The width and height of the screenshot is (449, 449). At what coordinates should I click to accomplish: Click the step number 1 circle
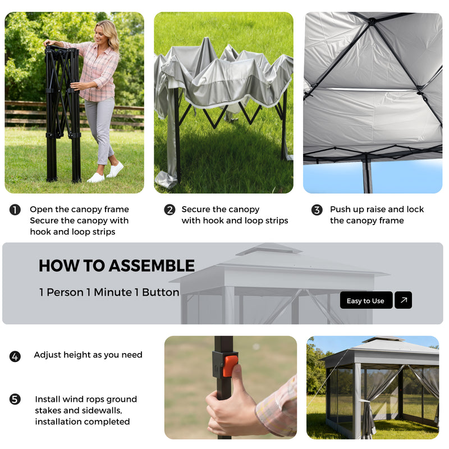click(15, 210)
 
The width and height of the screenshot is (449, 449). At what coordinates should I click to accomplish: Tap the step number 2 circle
click(169, 210)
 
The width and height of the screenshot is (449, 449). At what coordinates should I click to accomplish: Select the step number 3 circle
click(317, 210)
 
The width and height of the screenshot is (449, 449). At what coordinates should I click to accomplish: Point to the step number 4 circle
click(15, 356)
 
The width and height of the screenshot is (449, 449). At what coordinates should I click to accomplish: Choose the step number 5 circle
click(15, 400)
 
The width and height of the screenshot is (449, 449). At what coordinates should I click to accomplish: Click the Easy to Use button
click(365, 300)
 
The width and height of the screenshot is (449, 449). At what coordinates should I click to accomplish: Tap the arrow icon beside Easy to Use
click(403, 300)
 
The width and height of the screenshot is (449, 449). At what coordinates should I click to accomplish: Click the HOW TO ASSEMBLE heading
click(117, 265)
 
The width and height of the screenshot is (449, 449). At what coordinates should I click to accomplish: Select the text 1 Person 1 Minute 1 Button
click(109, 292)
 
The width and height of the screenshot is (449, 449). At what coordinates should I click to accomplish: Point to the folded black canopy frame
click(63, 112)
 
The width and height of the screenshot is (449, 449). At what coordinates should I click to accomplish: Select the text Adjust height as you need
click(88, 355)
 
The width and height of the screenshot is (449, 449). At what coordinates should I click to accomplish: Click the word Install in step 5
click(47, 400)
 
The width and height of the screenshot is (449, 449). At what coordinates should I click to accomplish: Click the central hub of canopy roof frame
click(371, 21)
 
